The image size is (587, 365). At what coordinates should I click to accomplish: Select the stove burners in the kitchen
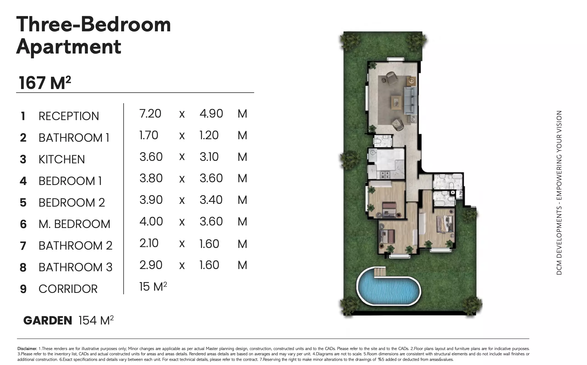(385, 175)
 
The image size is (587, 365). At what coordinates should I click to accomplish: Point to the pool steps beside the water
(380, 272)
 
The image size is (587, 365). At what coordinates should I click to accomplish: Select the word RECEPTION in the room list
(69, 116)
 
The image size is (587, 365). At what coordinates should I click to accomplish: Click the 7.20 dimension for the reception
(150, 114)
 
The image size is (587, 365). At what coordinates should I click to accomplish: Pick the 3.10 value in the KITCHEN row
(209, 157)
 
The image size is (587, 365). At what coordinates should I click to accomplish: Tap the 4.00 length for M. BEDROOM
(151, 222)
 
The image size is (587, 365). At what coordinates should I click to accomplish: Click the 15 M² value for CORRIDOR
(153, 287)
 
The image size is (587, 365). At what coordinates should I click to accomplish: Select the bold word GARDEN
(48, 321)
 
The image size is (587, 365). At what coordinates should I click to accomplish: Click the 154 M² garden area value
(96, 320)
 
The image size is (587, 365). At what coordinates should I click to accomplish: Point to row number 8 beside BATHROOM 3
(23, 267)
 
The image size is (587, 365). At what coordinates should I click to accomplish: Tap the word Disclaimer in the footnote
(27, 349)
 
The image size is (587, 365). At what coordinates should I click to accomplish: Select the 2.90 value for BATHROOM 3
(151, 265)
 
